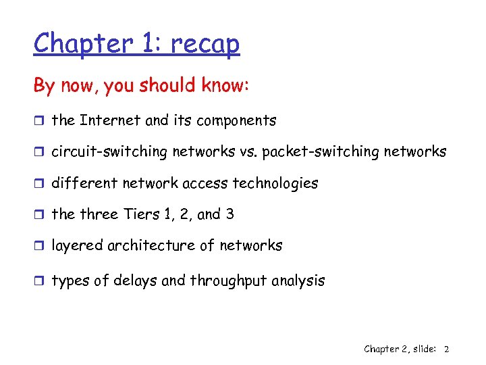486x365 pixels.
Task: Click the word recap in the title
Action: coord(205,43)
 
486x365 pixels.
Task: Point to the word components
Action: coord(234,122)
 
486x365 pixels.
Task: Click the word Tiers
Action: coord(140,214)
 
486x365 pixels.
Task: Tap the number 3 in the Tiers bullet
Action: coord(230,214)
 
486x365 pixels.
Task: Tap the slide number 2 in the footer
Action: coord(447,349)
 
